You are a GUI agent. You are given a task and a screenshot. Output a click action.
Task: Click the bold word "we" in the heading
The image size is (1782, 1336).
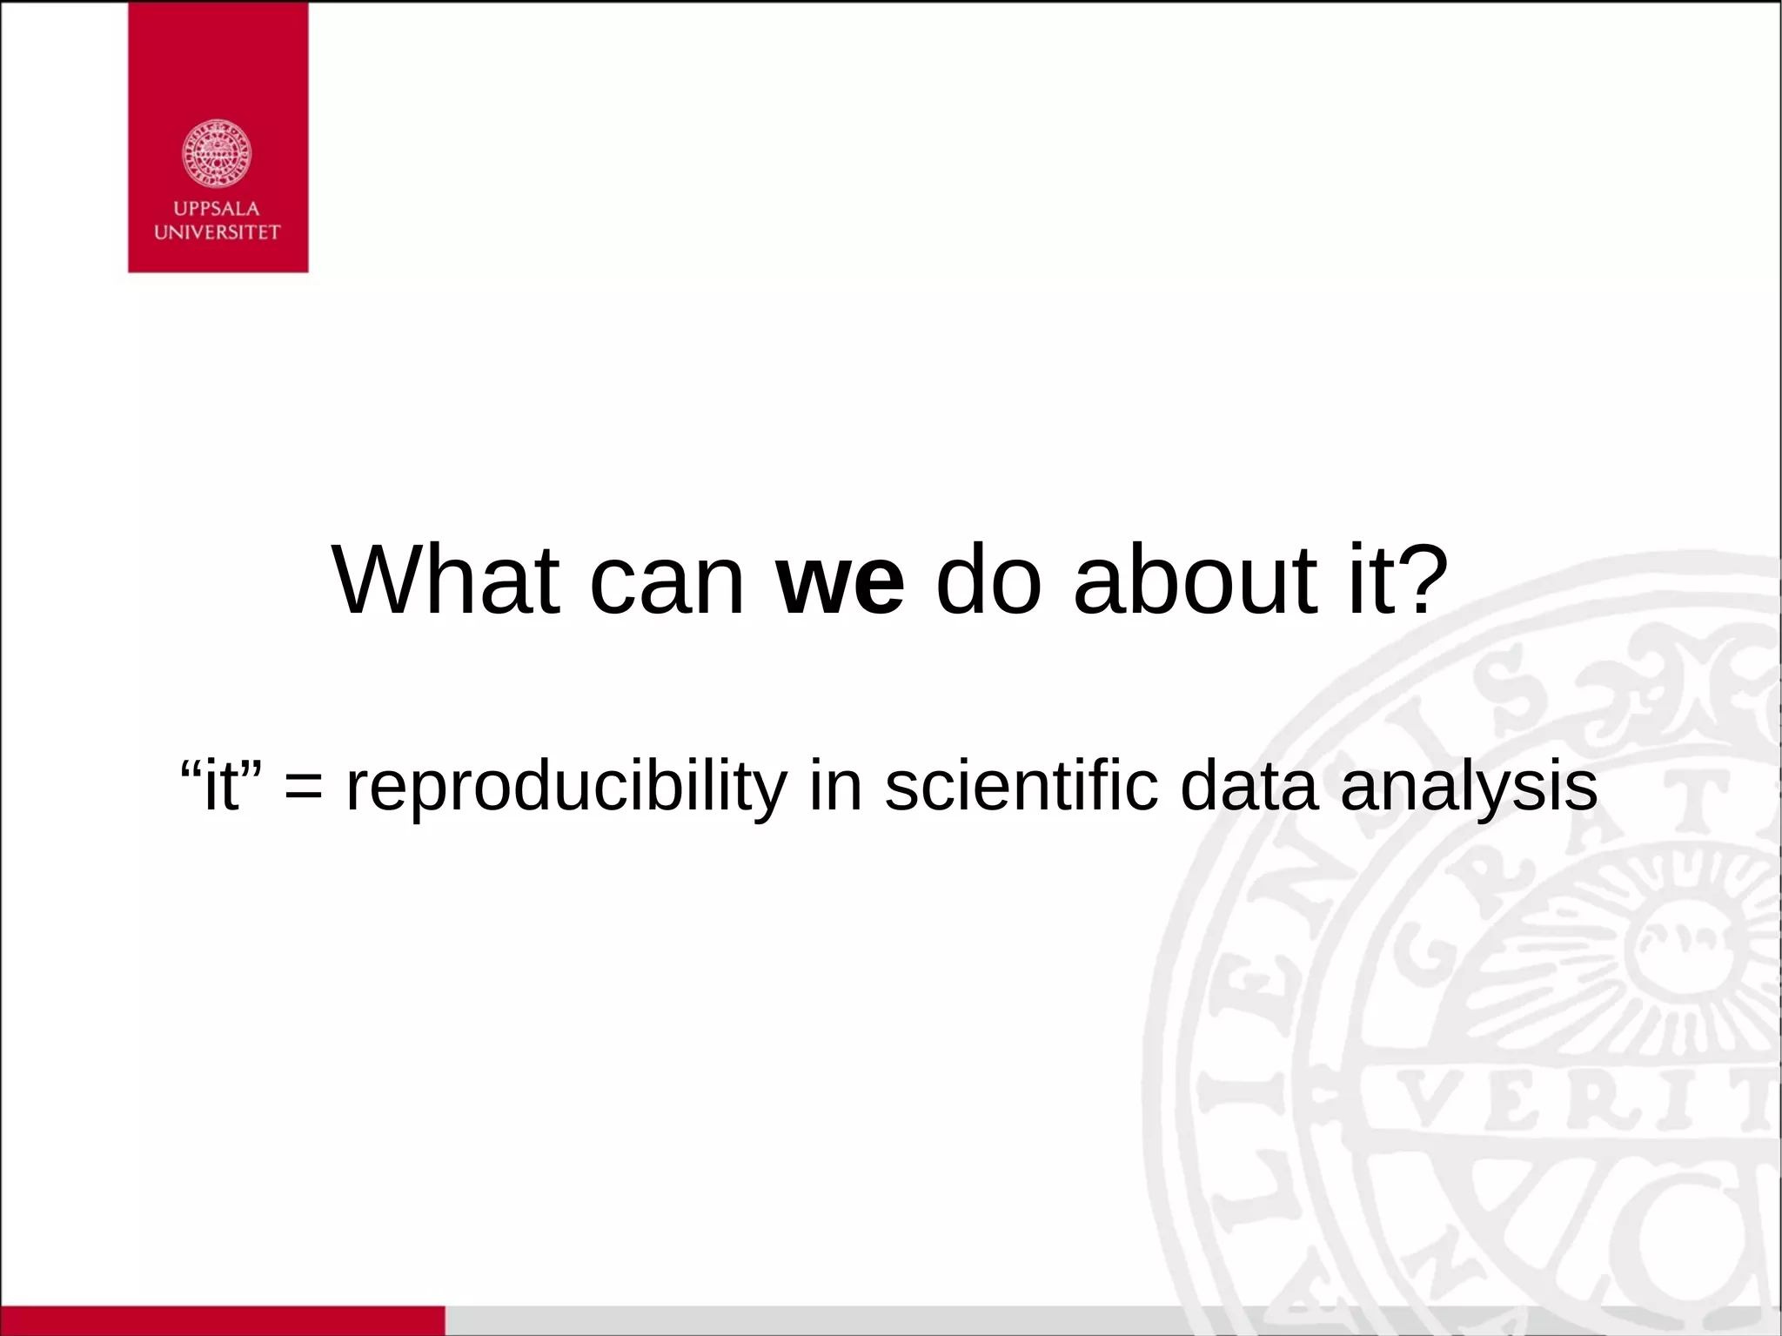(840, 581)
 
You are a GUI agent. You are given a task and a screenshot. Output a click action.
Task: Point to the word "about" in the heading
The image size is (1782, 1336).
(1196, 580)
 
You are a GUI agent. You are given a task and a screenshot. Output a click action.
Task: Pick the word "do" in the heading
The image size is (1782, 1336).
(988, 580)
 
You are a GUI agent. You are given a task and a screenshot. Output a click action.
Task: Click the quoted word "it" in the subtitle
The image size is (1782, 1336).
(221, 786)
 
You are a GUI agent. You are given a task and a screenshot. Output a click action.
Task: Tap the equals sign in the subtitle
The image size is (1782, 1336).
(303, 786)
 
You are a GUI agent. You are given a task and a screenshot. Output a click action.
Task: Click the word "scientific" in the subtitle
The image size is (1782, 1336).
(1022, 786)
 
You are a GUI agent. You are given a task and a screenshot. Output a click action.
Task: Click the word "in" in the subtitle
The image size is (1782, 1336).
(835, 786)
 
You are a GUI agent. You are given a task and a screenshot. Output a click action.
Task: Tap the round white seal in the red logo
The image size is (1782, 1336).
(217, 153)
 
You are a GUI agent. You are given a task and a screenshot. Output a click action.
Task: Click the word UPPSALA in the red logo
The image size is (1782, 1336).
(217, 209)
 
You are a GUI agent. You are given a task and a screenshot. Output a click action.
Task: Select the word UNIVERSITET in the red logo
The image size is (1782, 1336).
(217, 232)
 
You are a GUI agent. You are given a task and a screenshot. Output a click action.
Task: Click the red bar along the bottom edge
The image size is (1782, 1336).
(222, 1320)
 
